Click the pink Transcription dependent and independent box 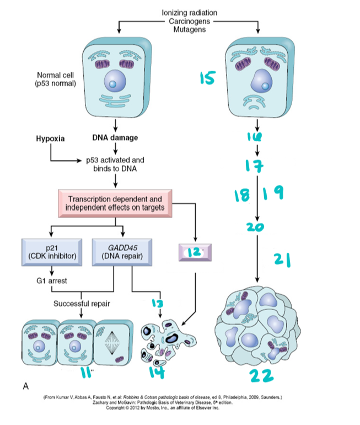click(115, 203)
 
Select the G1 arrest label click(50, 281)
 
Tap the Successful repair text click(81, 304)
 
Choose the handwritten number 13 click(158, 304)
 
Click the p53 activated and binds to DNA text click(115, 164)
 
